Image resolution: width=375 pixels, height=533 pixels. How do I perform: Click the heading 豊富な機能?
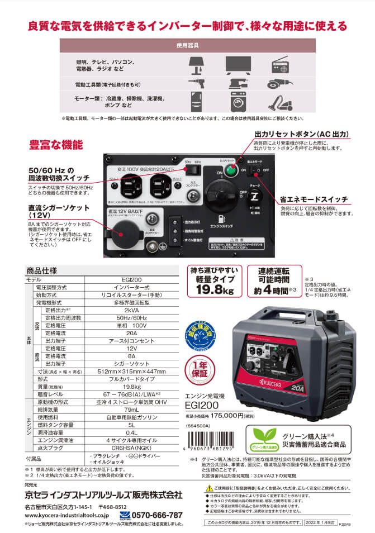pos(56,145)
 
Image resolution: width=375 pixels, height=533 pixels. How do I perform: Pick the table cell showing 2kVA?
pos(132,310)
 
